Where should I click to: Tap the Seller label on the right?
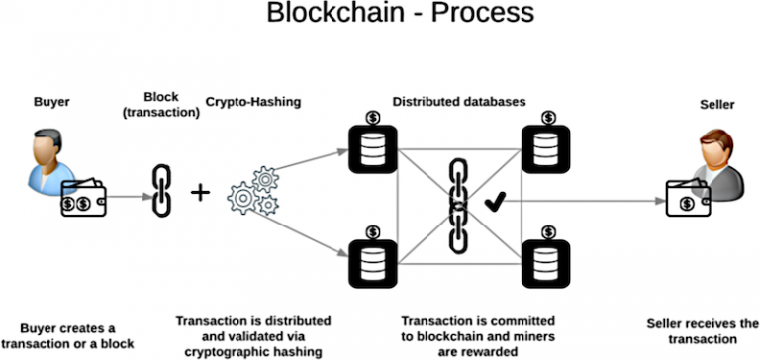[x=715, y=105]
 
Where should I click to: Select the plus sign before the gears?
[x=200, y=192]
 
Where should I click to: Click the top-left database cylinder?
[x=371, y=149]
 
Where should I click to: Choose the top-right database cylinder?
[x=542, y=149]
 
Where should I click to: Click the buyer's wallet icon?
[x=82, y=201]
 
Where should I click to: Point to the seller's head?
[x=714, y=144]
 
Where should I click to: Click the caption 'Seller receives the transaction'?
[x=700, y=330]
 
